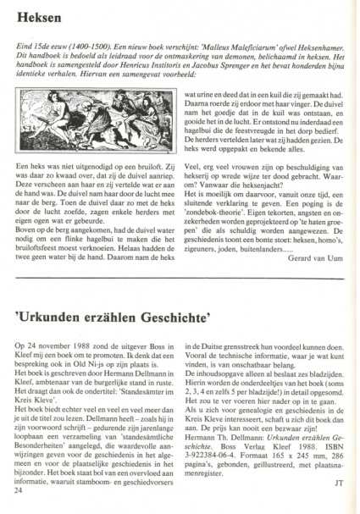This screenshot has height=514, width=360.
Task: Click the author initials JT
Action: click(x=338, y=506)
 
